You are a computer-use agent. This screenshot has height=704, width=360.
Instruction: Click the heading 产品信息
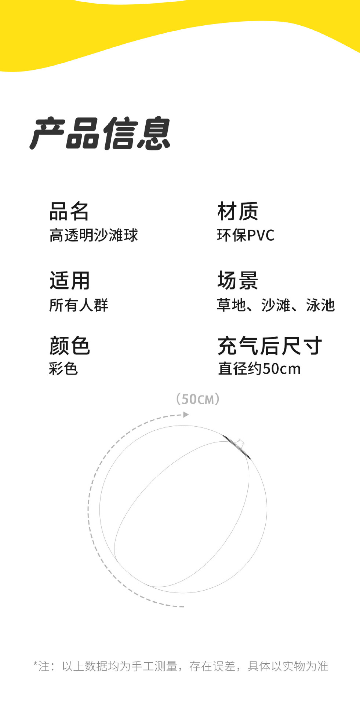pos(100,134)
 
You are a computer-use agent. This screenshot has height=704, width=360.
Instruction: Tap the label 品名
pos(69,211)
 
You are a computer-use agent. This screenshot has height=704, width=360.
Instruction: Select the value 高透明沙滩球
pos(94,235)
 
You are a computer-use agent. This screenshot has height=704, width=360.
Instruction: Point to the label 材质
pos(237,211)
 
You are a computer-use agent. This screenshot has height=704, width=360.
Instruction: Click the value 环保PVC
pos(246,235)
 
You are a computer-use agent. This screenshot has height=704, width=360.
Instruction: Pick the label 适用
pos(69,281)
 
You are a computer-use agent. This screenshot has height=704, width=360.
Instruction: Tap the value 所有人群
pos(79,305)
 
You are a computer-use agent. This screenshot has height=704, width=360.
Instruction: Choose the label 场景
pos(237,281)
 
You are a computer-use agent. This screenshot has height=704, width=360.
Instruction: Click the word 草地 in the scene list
pos(231,305)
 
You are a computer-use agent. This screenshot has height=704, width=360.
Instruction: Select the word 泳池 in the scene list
pos(320,305)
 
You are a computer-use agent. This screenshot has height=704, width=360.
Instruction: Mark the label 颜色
pos(69,346)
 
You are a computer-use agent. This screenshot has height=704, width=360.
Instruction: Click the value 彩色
pos(63,368)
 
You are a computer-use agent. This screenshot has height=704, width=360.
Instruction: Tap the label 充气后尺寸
pos(270,346)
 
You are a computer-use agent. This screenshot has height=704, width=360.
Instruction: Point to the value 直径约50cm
pos(259,368)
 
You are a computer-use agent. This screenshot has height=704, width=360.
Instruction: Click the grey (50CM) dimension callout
pos(198,399)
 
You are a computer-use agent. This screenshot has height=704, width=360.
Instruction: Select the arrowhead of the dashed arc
pos(186,415)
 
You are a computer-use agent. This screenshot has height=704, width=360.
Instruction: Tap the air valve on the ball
pos(240,443)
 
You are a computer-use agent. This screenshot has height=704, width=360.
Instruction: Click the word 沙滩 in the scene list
pos(276,305)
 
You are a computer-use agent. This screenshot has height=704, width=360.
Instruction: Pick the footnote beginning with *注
pos(181,666)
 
